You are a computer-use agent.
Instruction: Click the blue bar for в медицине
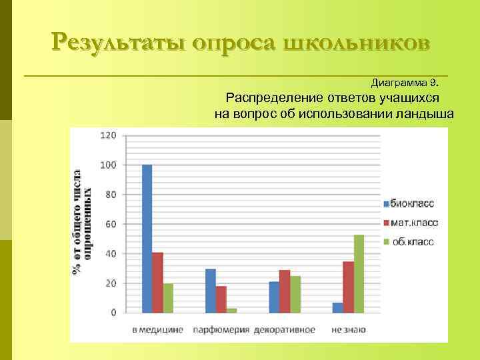[147, 239]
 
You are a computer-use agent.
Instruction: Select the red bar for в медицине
[157, 283]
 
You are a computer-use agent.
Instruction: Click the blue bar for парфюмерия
[211, 291]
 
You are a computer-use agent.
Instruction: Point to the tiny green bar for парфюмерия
[231, 310]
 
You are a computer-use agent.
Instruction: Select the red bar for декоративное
[285, 291]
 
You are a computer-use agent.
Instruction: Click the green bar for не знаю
[359, 273]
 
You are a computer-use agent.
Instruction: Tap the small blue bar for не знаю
[338, 307]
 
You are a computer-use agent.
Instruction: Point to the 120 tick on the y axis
[108, 135]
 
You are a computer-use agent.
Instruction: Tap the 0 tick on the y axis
[113, 312]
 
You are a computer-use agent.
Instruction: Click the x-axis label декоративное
[285, 330]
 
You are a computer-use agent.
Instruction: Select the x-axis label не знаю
[348, 330]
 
